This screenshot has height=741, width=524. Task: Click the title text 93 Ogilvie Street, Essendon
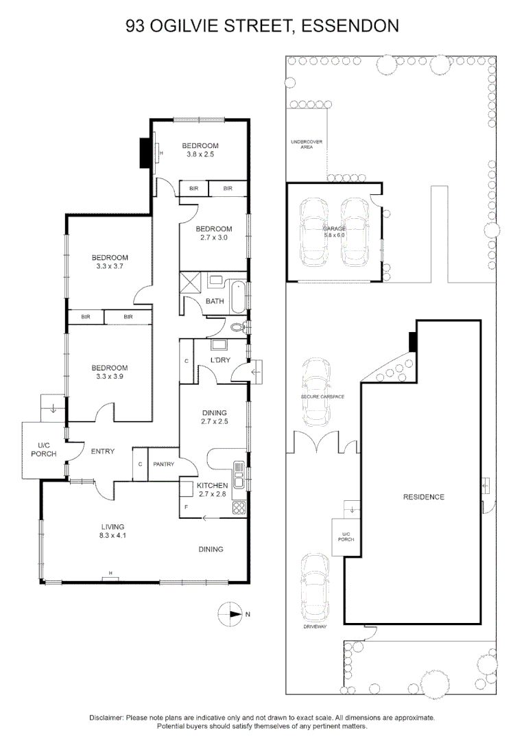coord(262,26)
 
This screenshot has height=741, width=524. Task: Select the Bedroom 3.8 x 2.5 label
coord(200,150)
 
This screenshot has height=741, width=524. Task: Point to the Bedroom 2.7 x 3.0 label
coord(213,233)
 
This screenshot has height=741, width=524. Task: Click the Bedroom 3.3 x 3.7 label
coord(110,262)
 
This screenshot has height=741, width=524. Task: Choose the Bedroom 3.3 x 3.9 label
coord(110,372)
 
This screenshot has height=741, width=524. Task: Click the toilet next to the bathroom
coord(238,327)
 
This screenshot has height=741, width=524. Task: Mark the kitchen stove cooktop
coord(239,508)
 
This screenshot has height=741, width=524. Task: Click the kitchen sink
coord(238,473)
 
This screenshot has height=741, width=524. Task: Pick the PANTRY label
coord(164,464)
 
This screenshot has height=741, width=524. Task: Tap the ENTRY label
coord(102,451)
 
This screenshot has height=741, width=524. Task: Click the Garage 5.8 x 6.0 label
coord(335,232)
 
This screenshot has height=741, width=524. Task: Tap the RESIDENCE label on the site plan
coord(423,497)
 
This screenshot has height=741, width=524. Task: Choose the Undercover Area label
coord(307,144)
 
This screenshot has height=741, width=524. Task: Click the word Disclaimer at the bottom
coord(106,717)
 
